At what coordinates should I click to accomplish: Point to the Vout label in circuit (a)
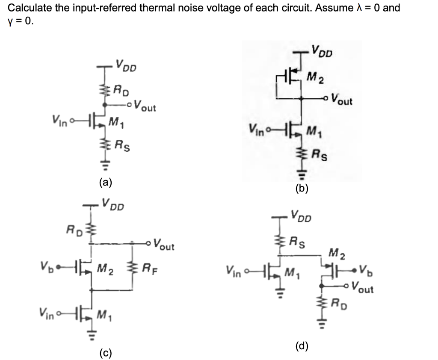click(x=144, y=105)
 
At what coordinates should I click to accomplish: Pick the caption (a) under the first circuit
click(x=104, y=183)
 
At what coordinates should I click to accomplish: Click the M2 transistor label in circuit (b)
click(x=317, y=78)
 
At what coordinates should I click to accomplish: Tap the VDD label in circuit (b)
click(x=323, y=51)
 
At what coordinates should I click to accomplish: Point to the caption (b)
click(x=302, y=189)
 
